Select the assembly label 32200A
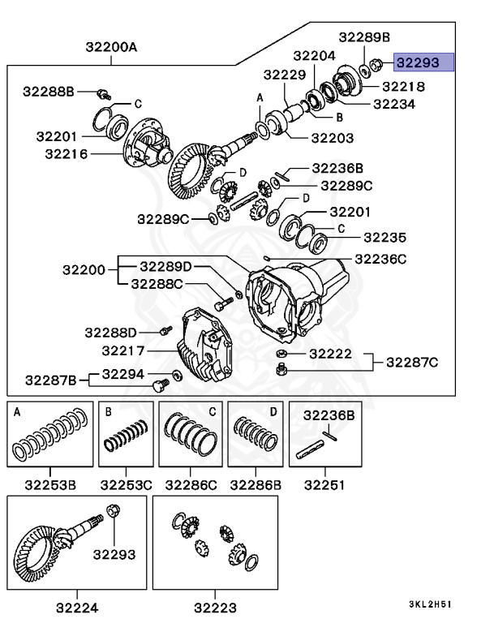click(x=111, y=48)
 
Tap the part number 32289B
click(x=364, y=37)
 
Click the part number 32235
click(x=384, y=238)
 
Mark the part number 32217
click(x=123, y=350)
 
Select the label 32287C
click(x=410, y=362)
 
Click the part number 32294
click(x=123, y=374)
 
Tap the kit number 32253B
click(x=50, y=485)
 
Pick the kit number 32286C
click(x=191, y=485)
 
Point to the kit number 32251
click(x=324, y=485)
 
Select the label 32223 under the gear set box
click(x=215, y=606)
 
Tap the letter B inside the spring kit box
click(x=108, y=412)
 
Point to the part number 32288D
click(x=110, y=332)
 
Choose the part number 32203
click(x=333, y=138)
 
